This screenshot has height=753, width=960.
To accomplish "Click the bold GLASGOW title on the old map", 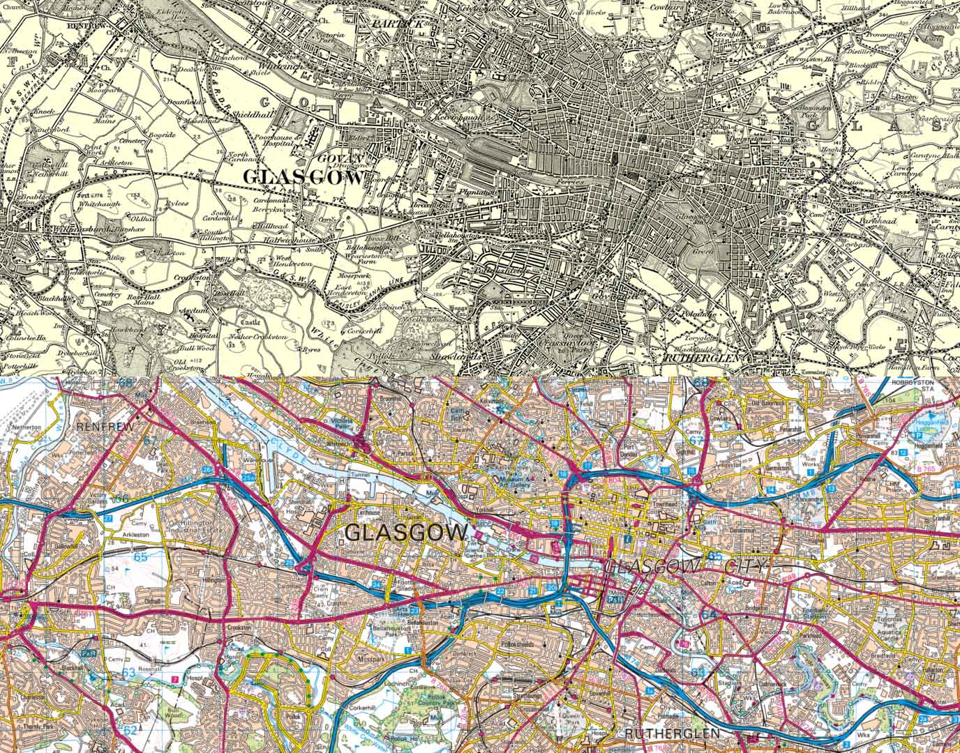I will point(304,178).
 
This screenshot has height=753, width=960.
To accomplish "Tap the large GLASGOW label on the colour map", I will point(407,533).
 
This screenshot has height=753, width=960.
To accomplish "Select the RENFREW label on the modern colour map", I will point(104,425).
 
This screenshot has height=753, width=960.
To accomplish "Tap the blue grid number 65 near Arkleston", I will point(141,557).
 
